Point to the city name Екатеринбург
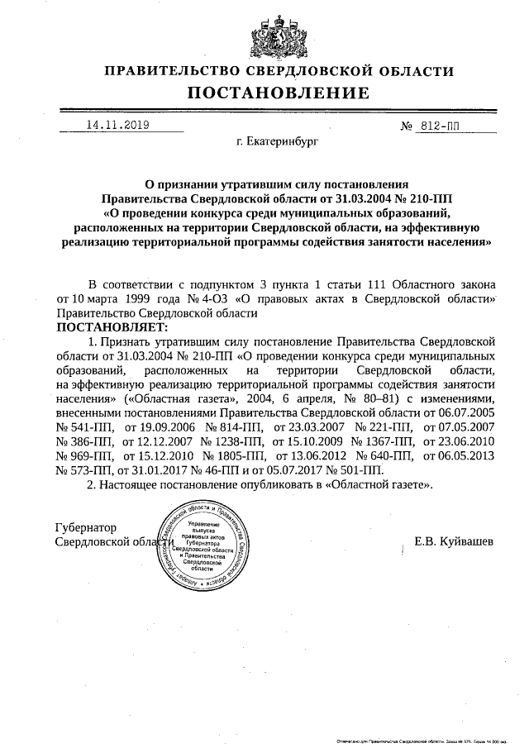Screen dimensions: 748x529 coord(277,142)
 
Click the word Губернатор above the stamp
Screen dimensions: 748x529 coord(86,527)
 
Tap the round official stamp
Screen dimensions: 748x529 coord(202,546)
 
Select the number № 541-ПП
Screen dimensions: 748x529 coord(85,427)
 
